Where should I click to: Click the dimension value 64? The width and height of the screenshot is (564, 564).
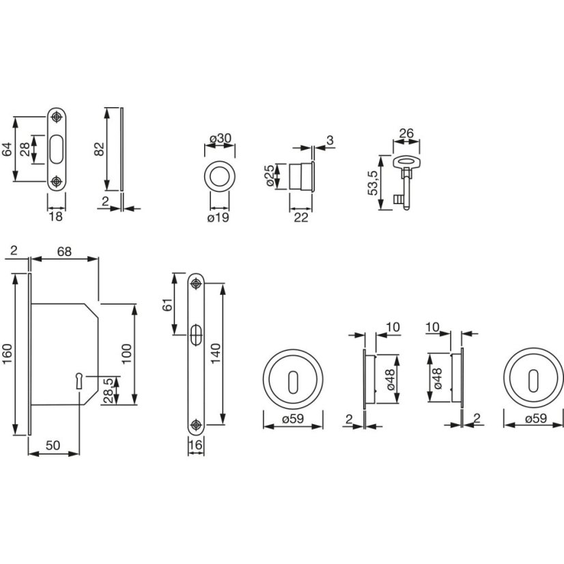pos(7,150)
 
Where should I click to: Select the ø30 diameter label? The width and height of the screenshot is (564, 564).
pos(220,139)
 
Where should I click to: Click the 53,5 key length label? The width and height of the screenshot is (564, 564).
pos(373,182)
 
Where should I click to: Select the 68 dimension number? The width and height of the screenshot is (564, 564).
pos(64,251)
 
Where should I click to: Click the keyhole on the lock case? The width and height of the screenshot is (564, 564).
pos(78,379)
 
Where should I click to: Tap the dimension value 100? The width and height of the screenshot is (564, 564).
pos(126,354)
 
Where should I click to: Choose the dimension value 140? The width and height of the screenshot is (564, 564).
pos(215,354)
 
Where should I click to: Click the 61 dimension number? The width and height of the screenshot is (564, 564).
pos(167,305)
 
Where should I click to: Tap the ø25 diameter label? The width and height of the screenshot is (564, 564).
pos(270,175)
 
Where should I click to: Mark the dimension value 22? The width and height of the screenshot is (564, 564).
pos(300,217)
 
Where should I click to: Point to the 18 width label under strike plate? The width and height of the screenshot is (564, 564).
pos(56,217)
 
